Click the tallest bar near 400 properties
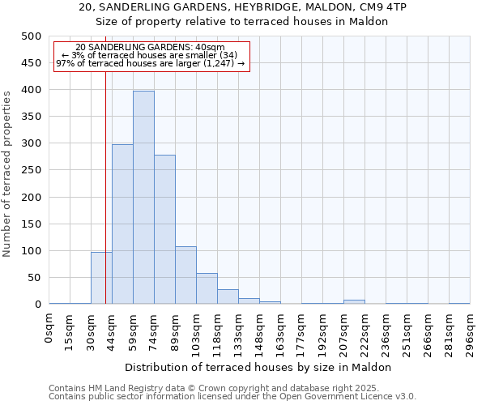point(143,198)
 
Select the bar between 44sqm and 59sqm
point(122,224)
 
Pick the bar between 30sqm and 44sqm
point(101,278)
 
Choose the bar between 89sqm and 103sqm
point(185,275)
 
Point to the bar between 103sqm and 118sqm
point(207,288)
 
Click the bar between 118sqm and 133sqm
point(228,296)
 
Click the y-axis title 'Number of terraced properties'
point(7,173)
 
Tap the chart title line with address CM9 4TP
point(243,7)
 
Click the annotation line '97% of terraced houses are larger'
point(150,63)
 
